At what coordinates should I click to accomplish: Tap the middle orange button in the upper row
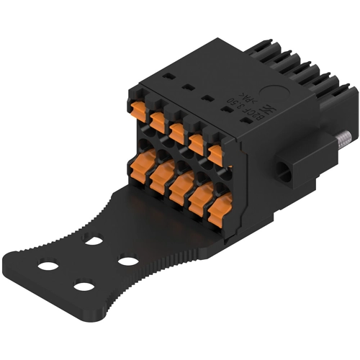177,132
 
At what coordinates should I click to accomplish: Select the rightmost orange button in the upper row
215,154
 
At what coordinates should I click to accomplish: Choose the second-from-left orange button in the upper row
158,120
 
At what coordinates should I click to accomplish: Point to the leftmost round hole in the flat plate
48,266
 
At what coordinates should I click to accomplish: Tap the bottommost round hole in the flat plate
84,287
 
